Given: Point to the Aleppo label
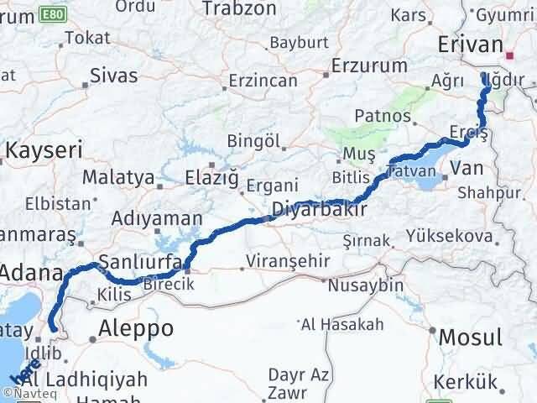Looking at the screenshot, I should click(136, 327).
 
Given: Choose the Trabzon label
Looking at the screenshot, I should click(242, 9).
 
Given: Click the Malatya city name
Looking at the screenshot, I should click(117, 178).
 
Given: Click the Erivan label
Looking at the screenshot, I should click(471, 45).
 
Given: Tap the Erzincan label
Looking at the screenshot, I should click(263, 81).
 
